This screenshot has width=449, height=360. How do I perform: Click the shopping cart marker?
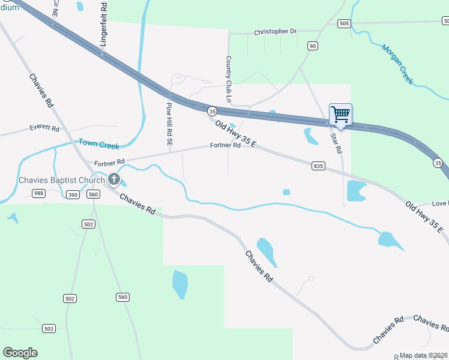pyautogui.click(x=340, y=114)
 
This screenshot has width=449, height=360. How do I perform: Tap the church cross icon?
pyautogui.click(x=113, y=179)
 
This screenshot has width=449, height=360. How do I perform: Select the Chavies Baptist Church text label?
pyautogui.click(x=62, y=179)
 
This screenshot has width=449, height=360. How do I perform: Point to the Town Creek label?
pyautogui.click(x=98, y=144)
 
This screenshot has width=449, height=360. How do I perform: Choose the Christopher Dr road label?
pyautogui.click(x=275, y=31)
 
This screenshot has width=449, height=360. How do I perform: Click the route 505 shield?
pyautogui.click(x=343, y=23)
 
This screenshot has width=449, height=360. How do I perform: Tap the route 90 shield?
pyautogui.click(x=312, y=46)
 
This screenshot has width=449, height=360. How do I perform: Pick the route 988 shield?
pyautogui.click(x=39, y=193)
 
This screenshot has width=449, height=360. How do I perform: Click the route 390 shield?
pyautogui.click(x=73, y=194)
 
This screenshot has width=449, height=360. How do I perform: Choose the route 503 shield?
pyautogui.click(x=49, y=328)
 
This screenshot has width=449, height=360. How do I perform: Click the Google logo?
pyautogui.click(x=20, y=353)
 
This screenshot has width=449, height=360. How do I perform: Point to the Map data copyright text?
pyautogui.click(x=424, y=355)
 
